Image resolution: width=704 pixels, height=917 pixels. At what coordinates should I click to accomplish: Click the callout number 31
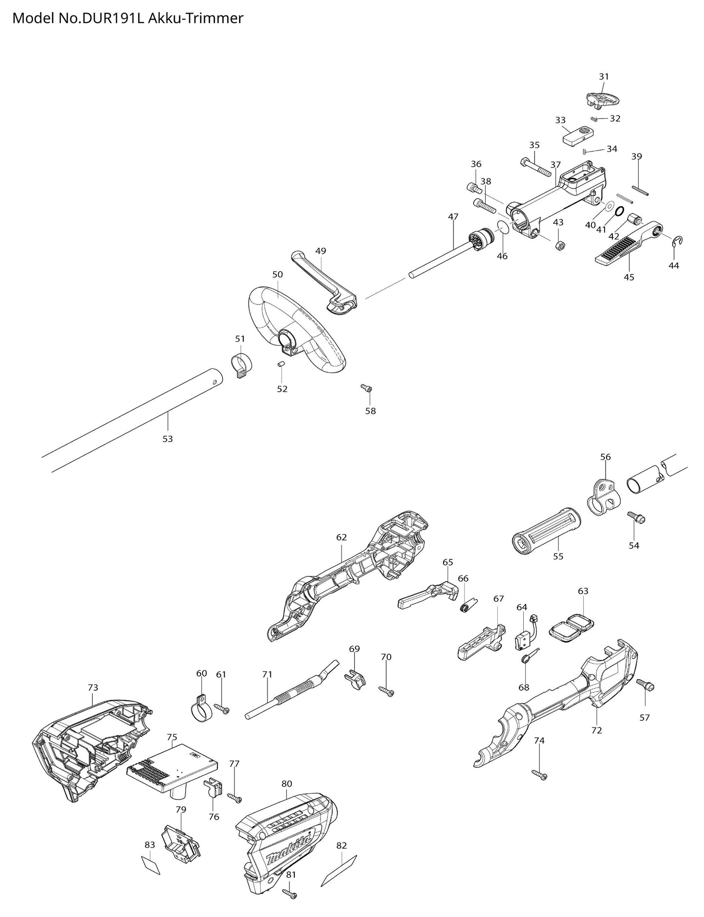point(604,76)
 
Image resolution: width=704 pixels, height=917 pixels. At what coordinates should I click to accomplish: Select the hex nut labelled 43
point(560,245)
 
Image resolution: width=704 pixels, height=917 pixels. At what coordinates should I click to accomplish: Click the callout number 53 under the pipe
point(168,439)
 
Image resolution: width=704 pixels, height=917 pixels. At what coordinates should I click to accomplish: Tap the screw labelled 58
point(367,388)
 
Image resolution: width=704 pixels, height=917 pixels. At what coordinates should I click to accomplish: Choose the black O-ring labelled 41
point(619,211)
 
